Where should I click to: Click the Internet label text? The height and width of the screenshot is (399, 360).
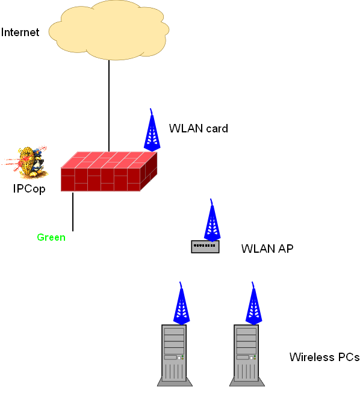click(x=20, y=32)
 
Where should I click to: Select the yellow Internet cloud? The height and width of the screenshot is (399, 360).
click(x=109, y=30)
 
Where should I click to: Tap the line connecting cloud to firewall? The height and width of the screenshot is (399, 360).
click(x=109, y=106)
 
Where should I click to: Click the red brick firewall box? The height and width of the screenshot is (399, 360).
click(x=109, y=172)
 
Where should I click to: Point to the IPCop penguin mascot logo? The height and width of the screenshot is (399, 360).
click(x=25, y=162)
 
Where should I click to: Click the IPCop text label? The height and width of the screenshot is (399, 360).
click(x=29, y=189)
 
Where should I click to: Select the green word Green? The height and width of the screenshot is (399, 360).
click(x=51, y=237)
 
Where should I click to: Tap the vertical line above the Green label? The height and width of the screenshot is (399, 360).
click(x=73, y=212)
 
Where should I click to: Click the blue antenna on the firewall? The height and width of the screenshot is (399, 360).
click(x=152, y=130)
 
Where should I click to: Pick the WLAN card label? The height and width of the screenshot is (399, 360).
click(x=199, y=129)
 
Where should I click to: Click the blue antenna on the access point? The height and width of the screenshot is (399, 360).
click(x=212, y=220)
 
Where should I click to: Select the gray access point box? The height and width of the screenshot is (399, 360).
click(x=205, y=247)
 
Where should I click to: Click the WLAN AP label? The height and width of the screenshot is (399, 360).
click(x=267, y=249)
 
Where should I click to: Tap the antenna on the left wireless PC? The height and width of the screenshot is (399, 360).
click(x=181, y=303)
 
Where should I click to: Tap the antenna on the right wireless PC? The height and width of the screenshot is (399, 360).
click(x=253, y=303)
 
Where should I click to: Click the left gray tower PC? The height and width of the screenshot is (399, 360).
click(x=175, y=356)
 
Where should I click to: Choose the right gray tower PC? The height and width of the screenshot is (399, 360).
click(x=247, y=356)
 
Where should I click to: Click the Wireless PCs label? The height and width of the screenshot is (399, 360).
click(x=324, y=357)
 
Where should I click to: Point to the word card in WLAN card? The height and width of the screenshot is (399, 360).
click(x=217, y=129)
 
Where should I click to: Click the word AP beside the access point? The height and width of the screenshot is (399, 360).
click(x=285, y=249)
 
